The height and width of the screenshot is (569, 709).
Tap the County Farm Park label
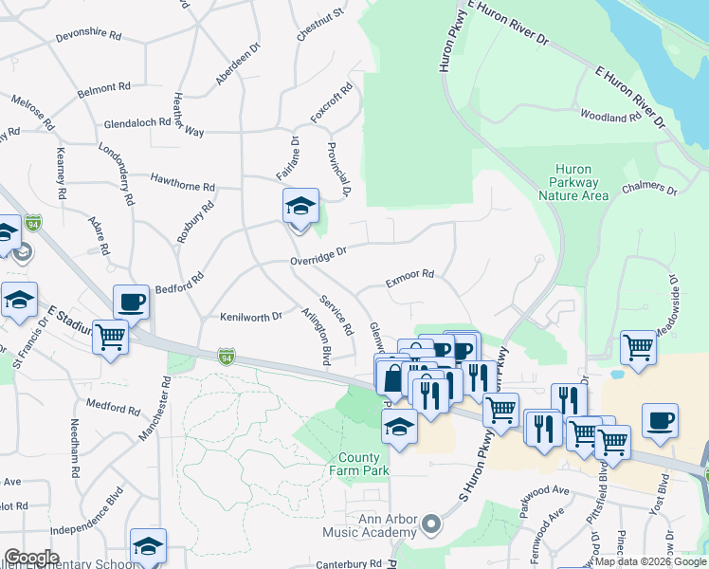359,464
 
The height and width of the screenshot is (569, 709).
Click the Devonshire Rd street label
88,35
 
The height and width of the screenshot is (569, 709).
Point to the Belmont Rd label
103,87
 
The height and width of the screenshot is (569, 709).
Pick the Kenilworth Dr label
251,316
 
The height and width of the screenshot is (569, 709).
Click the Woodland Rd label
610,117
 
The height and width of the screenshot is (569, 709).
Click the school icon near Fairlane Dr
300,206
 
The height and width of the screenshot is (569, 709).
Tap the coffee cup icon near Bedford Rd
131,302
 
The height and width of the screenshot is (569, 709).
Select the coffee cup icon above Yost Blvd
660,420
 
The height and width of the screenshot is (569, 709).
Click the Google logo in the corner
31,557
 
